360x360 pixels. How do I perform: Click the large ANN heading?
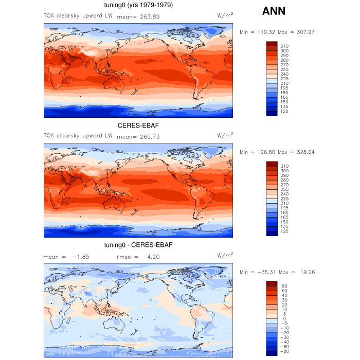point(274,11)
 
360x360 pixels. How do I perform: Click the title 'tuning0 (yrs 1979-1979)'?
point(139,6)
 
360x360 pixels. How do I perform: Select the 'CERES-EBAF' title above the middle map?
point(138,125)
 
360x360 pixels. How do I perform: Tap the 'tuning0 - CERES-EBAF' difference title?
point(138,245)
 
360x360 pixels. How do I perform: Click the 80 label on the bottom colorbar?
point(284,286)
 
